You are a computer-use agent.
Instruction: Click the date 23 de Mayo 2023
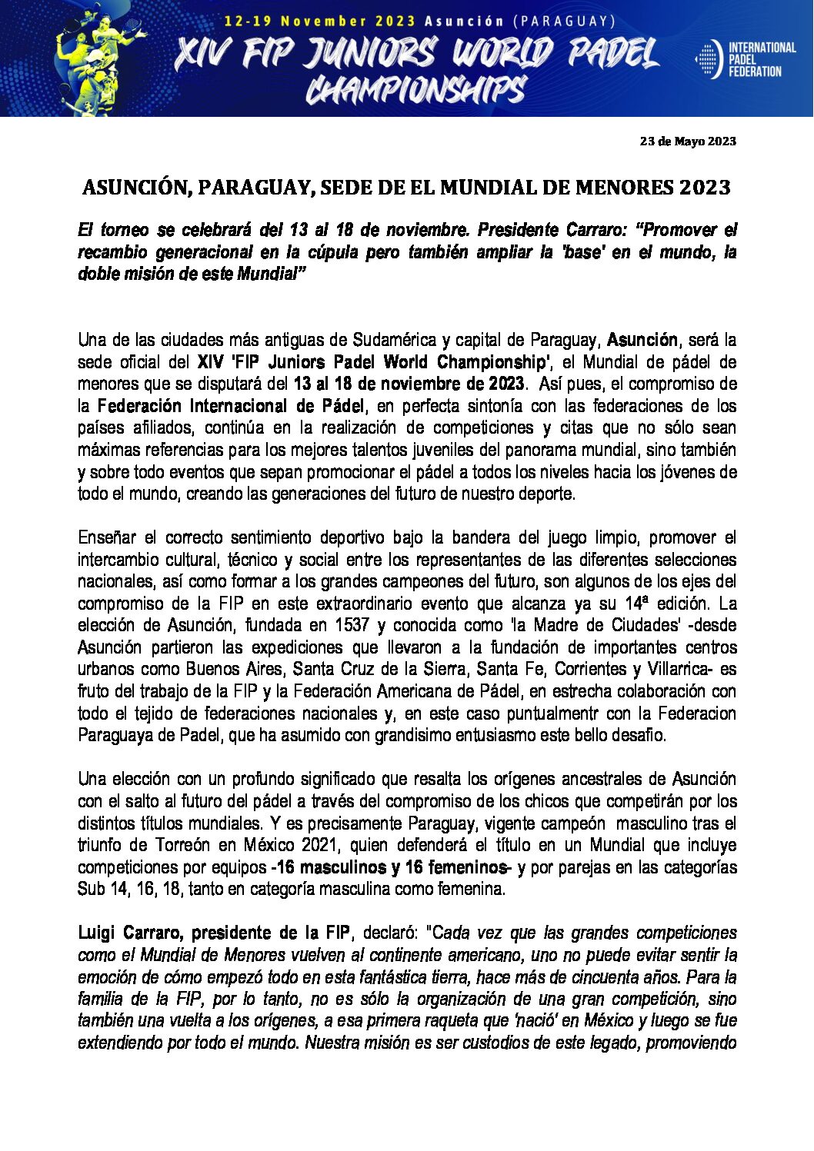[x=688, y=141]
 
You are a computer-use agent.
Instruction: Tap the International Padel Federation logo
[x=745, y=59]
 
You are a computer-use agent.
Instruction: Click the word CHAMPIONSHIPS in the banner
[x=416, y=90]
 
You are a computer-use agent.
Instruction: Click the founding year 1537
[x=352, y=625]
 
